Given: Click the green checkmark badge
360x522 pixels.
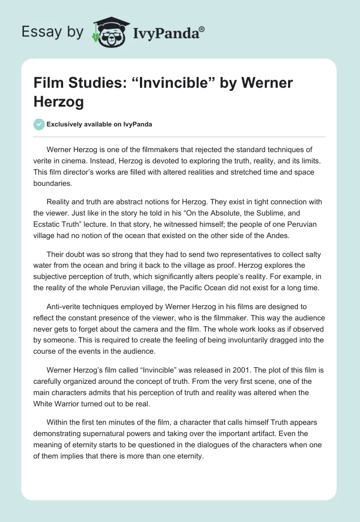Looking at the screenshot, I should (39, 124).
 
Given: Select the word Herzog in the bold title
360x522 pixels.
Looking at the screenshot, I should (58, 102).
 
